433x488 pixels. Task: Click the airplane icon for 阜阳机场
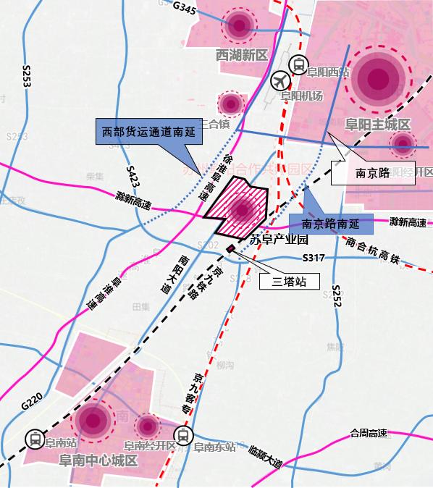coord(280,81)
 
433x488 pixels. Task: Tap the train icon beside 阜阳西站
coord(297,65)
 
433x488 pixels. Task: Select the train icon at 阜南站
coord(33,439)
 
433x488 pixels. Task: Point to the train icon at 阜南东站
coord(184,437)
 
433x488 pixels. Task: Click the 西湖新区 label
coord(242,56)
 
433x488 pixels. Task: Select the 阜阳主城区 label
coord(378,124)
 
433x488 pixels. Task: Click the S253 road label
coord(27,76)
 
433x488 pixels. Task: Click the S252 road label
coord(336,297)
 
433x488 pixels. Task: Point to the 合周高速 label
coord(369,433)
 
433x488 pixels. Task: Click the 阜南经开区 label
coord(151,447)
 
